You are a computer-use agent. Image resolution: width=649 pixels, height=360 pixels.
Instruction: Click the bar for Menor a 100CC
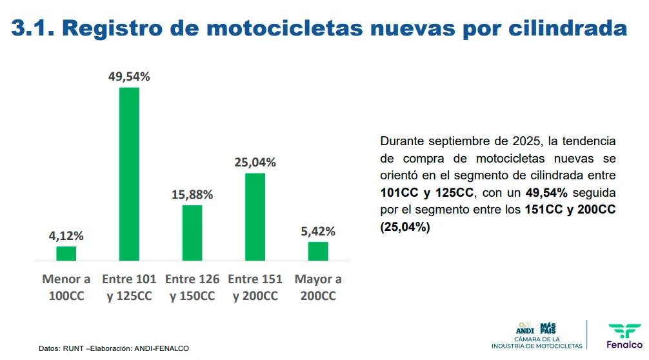click(66, 254)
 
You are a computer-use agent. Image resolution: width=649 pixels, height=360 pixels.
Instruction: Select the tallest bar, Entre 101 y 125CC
click(129, 174)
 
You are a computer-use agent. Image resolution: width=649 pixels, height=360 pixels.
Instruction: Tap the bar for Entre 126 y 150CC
click(192, 233)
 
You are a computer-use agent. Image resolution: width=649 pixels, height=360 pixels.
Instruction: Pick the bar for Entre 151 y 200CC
click(255, 217)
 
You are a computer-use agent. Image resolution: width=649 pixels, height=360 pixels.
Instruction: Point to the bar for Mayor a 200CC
click(318, 251)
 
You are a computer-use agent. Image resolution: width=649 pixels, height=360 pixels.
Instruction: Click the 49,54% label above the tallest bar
click(129, 77)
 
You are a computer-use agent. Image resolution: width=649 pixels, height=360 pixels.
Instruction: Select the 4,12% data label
click(66, 236)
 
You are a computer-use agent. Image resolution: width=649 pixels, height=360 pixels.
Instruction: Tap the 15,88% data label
click(192, 195)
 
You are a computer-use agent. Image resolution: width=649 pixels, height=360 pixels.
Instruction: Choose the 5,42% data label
click(318, 232)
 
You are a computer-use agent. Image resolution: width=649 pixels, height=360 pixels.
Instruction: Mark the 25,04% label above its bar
click(255, 163)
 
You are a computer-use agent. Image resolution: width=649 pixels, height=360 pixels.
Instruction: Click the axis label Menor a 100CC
click(66, 288)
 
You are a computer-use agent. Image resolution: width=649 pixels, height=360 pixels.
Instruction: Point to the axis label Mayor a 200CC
click(318, 288)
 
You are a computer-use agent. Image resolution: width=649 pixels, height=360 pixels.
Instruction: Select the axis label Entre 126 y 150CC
click(192, 288)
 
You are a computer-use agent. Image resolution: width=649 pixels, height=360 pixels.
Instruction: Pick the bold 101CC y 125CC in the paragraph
click(427, 193)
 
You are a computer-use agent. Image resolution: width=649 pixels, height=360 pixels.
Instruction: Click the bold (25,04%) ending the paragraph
click(405, 227)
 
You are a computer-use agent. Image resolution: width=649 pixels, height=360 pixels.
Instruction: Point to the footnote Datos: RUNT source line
click(114, 348)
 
